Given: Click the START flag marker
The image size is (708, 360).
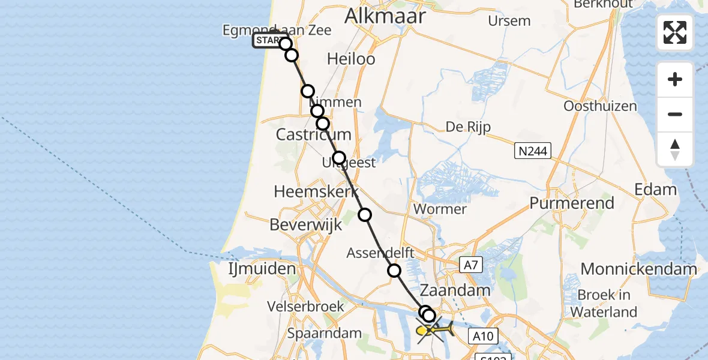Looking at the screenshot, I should click(x=268, y=41).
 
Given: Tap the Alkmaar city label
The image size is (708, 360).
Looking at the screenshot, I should click(x=385, y=16).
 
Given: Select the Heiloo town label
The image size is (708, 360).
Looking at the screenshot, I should click(x=352, y=59).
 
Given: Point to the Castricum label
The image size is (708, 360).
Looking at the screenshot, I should click(x=313, y=135).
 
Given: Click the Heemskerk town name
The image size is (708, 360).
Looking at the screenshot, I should click(x=316, y=191).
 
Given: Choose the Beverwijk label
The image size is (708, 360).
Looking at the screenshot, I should click(x=306, y=224).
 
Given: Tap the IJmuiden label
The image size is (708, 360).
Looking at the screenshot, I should click(x=262, y=268).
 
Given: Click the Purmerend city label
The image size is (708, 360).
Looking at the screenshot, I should click(x=572, y=203).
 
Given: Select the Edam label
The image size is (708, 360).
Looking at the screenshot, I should click(x=655, y=190).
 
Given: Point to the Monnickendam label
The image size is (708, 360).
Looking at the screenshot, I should click(x=639, y=269).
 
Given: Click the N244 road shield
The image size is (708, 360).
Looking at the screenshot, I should click(x=533, y=151).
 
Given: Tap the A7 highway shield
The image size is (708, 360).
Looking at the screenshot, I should click(x=471, y=265).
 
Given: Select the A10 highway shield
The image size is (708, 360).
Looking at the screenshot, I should click(x=483, y=337).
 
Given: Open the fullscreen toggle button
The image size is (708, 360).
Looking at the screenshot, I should click(x=675, y=32).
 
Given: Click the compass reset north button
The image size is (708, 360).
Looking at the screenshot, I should click(x=675, y=149).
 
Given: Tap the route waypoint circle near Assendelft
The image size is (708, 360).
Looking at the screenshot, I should click(x=394, y=271).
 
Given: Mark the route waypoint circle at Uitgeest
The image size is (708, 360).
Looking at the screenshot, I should click(x=339, y=158).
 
